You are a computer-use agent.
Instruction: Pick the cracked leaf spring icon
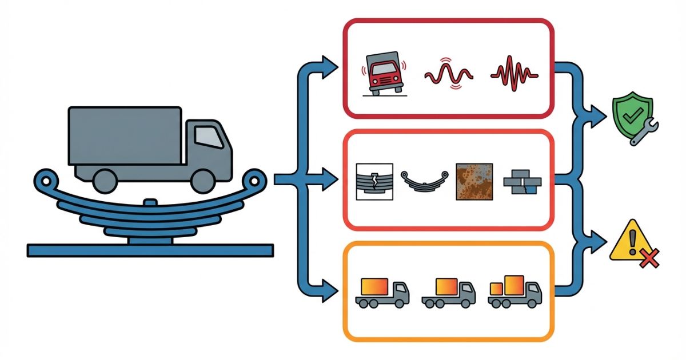point(374,181)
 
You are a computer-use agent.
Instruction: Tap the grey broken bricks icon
point(522,182)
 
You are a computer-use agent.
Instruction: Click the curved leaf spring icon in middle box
point(423,183)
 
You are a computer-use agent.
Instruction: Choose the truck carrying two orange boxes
point(514,291)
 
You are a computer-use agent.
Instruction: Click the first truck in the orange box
point(382,293)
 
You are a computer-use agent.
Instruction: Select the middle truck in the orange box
point(448,293)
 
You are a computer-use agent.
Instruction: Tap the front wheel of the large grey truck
point(203,181)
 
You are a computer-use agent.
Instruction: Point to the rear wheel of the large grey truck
point(104,181)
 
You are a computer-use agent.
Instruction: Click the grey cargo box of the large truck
point(124,135)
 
